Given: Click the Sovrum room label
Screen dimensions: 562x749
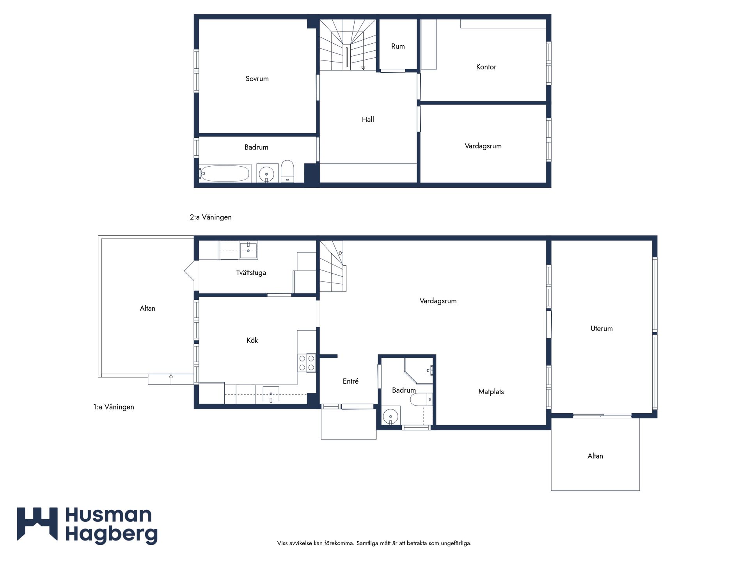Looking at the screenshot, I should [257, 79].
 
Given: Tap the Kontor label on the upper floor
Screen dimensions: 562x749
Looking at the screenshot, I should [486, 67].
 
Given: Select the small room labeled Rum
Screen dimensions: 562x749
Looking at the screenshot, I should [398, 46].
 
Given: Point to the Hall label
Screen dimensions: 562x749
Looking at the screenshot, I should [368, 120].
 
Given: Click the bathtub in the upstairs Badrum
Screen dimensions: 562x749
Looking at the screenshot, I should [225, 173].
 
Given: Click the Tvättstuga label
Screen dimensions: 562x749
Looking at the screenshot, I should [251, 273].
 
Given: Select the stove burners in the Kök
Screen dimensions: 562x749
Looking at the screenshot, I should [307, 363].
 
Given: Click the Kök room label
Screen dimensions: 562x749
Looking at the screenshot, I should [252, 340].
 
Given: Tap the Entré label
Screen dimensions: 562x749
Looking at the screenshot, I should [350, 381].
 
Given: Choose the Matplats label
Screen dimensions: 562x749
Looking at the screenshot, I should [491, 392].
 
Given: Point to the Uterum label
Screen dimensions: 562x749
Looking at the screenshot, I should [602, 329].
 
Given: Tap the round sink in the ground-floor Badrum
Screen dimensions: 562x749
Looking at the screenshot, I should [390, 416].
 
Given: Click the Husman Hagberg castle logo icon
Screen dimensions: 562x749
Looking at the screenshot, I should [37, 524].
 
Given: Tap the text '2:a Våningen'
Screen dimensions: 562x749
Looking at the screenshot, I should [211, 217].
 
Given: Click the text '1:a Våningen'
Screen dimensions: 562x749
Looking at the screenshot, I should [114, 407].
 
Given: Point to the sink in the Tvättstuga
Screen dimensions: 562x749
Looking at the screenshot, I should [248, 250].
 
